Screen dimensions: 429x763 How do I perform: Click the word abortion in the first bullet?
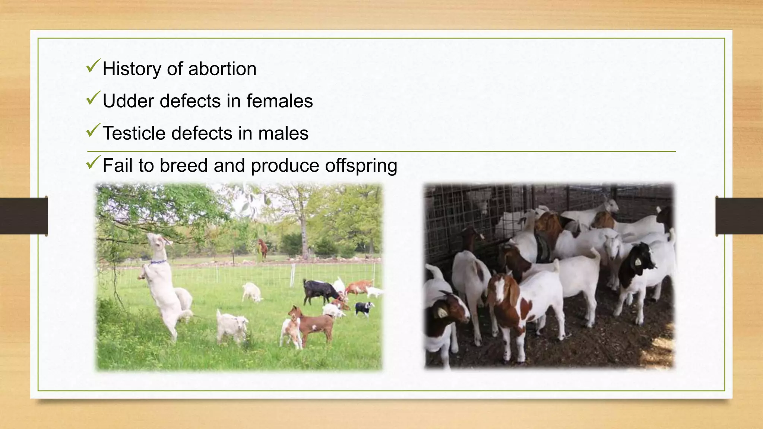[222, 69]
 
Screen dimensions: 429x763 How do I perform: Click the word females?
[279, 101]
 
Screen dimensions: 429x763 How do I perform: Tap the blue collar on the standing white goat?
[158, 262]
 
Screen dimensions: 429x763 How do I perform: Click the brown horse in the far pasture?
[263, 247]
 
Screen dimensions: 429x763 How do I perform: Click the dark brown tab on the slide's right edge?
[739, 216]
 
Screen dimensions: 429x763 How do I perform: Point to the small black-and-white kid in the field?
[364, 308]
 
